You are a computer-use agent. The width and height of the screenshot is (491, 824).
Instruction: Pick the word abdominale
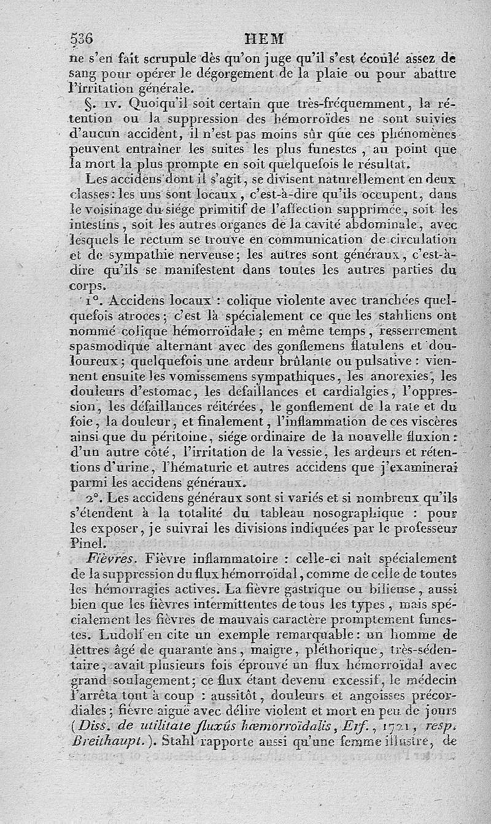tap(377, 224)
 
